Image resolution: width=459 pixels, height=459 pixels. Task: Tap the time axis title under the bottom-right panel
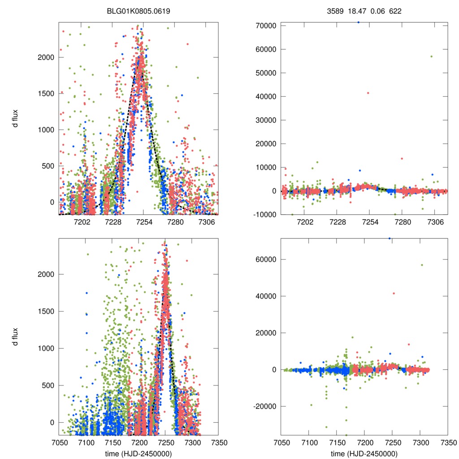click(x=364, y=454)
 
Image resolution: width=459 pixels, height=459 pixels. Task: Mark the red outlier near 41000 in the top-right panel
click(x=368, y=93)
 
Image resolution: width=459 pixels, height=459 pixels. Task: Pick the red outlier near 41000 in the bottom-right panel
click(x=394, y=293)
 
